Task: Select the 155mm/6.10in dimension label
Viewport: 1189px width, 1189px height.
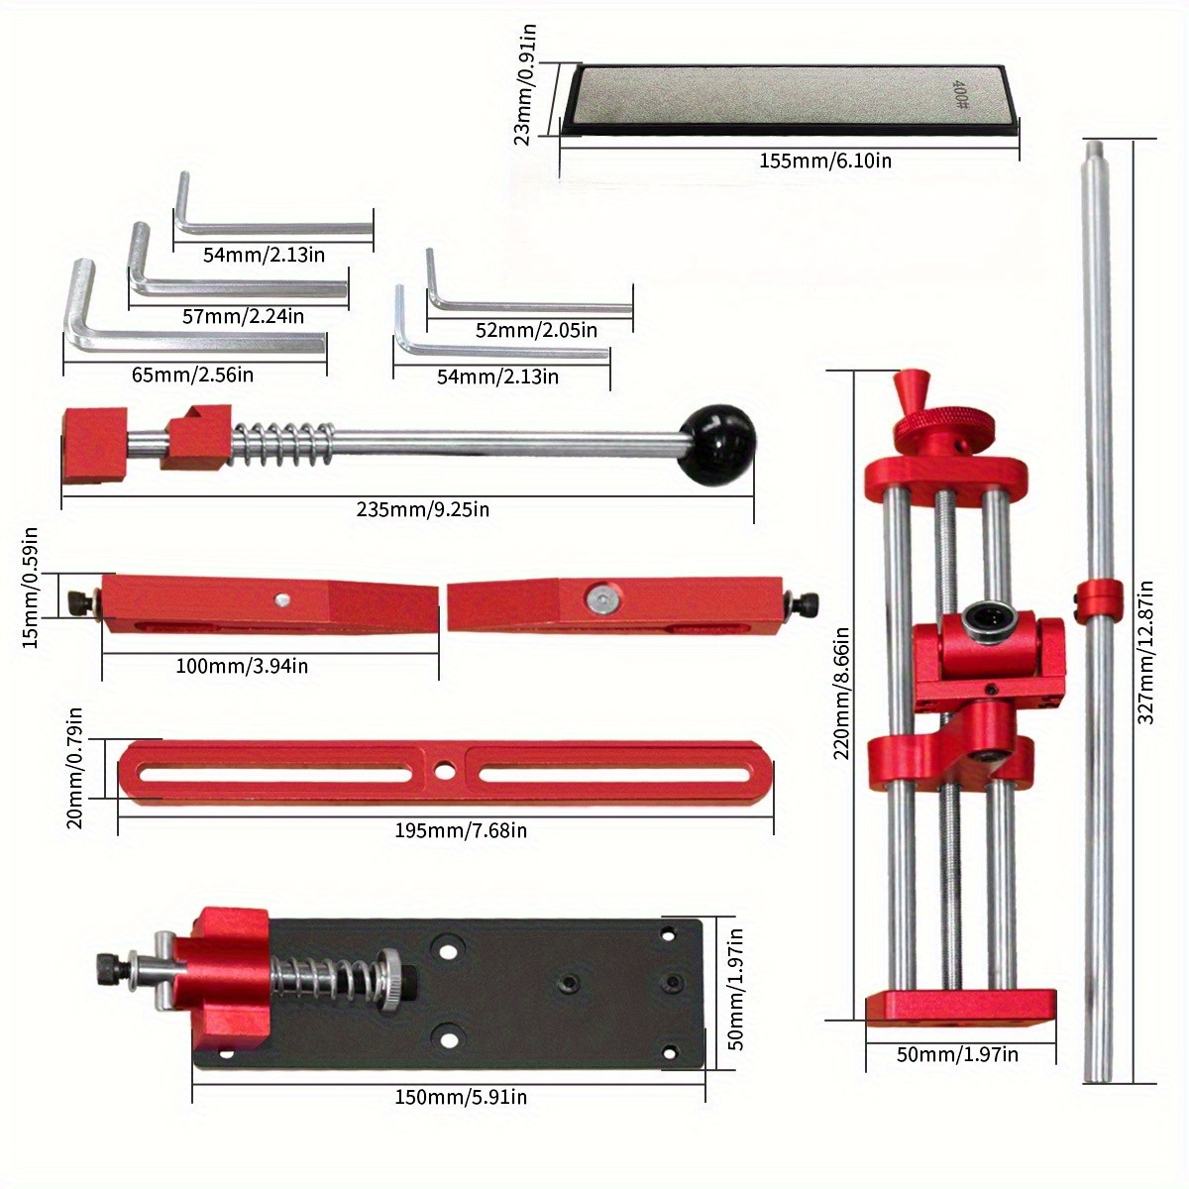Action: (824, 161)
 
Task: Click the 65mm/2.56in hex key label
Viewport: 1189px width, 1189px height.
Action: (192, 375)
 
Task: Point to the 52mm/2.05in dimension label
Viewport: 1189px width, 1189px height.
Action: (536, 330)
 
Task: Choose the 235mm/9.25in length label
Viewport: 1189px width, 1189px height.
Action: (423, 510)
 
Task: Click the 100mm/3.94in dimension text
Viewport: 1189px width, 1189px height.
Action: (242, 666)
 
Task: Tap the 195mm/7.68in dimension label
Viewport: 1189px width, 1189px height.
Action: (461, 830)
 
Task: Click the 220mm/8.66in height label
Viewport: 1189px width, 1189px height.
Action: (842, 692)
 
